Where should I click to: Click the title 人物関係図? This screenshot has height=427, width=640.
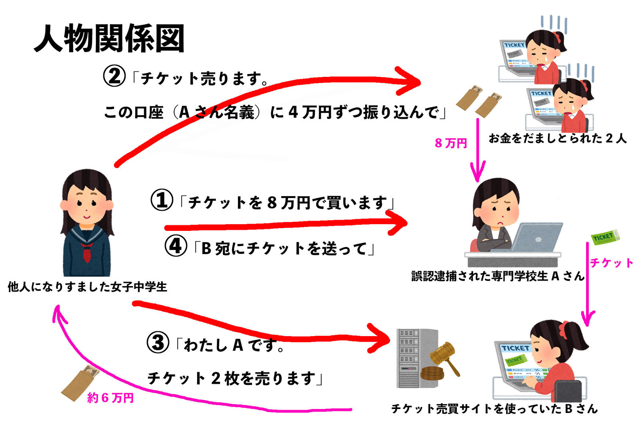109,38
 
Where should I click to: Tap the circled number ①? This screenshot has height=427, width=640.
162,200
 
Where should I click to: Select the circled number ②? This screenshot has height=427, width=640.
114,76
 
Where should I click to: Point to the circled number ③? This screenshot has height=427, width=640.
158,343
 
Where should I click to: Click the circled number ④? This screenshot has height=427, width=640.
176,246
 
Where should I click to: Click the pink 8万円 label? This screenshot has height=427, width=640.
451,143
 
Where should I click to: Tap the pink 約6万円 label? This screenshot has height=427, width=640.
110,397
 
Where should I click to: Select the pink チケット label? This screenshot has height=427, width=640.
611,263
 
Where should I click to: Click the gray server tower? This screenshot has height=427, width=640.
412,358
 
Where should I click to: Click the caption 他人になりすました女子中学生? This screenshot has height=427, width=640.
87,287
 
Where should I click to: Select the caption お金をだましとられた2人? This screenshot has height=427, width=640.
557,138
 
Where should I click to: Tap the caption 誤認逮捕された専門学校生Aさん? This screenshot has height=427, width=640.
498,276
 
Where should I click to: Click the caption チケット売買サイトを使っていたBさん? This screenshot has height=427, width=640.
494,409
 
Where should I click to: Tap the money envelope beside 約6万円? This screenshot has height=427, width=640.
80,383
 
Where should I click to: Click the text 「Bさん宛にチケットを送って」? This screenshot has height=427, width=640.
284,249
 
